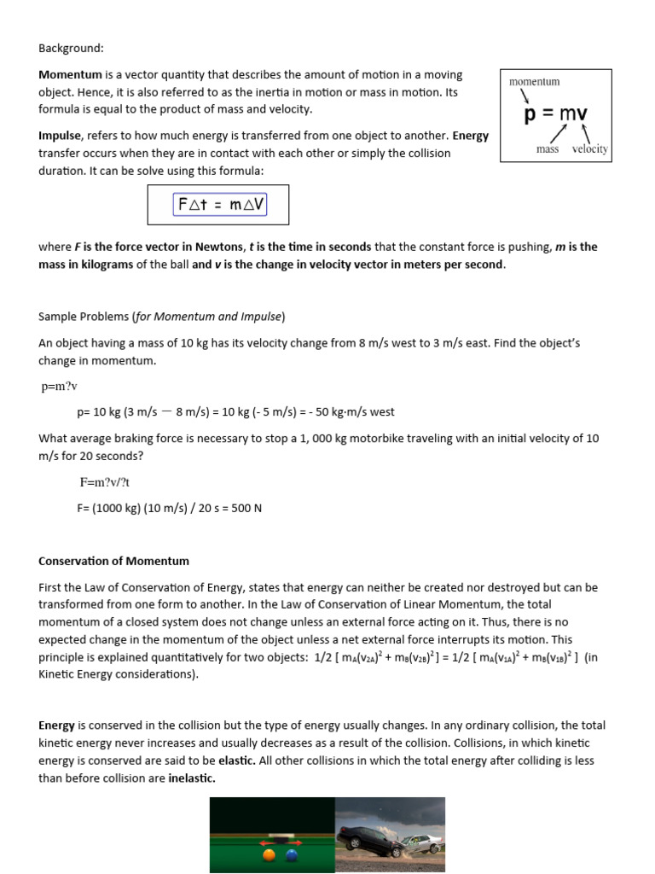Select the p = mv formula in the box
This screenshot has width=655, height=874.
coord(555,114)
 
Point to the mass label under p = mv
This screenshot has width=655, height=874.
coord(548,149)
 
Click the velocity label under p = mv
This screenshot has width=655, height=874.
coord(589,149)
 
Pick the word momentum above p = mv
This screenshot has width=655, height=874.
coord(535,82)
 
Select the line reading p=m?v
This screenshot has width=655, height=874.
coord(60,387)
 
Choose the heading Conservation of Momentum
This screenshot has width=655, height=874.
coord(114,562)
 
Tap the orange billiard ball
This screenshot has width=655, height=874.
coord(270,854)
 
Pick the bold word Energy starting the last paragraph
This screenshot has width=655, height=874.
coord(57,725)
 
